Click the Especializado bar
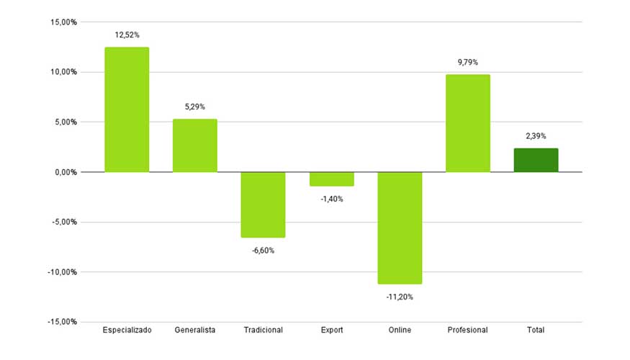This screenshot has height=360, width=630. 127,109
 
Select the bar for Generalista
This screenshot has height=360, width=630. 194,145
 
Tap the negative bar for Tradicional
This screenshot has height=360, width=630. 263,204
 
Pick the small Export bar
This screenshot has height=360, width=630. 331,179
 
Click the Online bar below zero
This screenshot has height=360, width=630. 400,228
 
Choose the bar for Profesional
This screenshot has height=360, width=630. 467,123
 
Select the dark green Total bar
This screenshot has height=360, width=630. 536,160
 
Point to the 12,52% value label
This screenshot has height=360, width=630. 127,35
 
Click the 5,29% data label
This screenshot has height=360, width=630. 194,107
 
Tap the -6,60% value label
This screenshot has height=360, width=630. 263,251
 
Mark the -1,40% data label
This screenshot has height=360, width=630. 331,199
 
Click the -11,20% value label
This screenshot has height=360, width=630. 400,297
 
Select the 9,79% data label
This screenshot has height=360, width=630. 467,63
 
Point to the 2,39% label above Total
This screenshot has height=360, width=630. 536,135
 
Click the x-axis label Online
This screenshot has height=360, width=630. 400,330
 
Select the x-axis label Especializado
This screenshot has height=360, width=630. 127,330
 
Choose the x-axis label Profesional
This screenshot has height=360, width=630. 467,330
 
